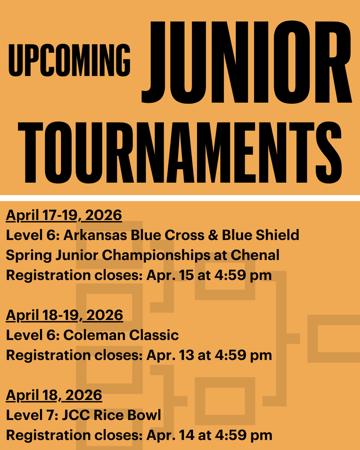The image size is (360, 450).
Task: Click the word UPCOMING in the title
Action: click(69, 60)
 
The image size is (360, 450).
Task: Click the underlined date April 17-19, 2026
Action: click(64, 215)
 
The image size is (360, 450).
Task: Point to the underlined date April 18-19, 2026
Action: click(64, 315)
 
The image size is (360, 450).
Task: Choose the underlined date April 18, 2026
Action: click(54, 395)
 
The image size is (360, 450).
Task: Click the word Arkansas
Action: click(95, 235)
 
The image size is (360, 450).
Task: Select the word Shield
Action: click(277, 235)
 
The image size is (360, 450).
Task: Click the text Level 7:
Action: click(30, 415)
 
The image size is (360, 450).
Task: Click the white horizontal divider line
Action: click(180, 198)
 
